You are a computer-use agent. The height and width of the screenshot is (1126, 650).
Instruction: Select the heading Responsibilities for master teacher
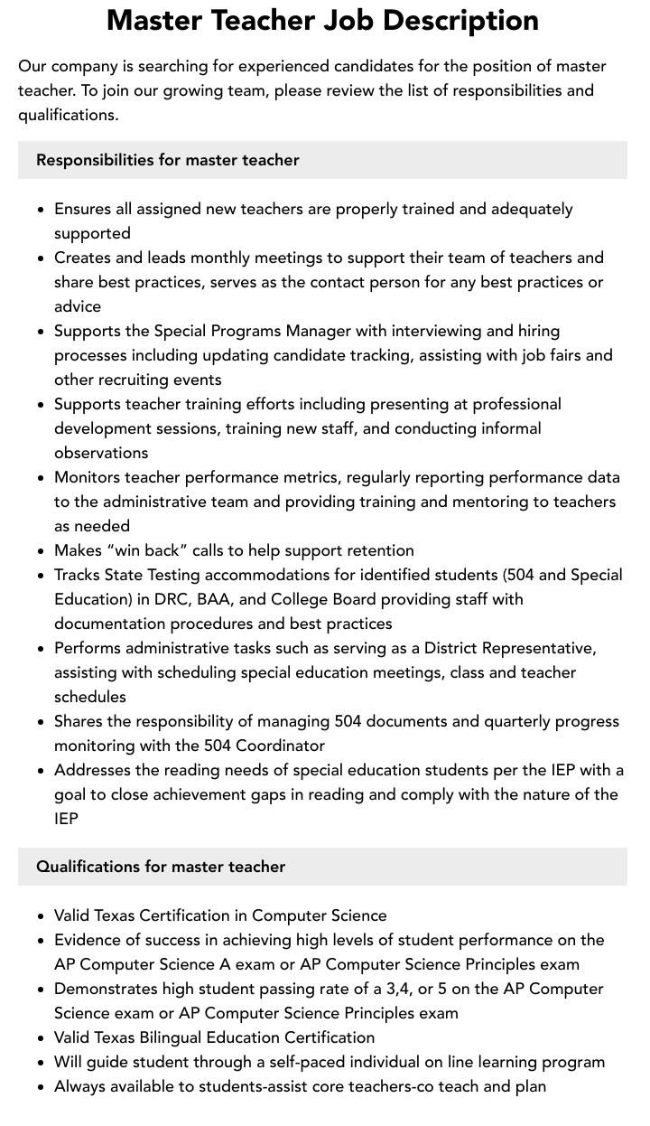[167, 160]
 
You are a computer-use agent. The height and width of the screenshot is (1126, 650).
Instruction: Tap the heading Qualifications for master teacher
[161, 867]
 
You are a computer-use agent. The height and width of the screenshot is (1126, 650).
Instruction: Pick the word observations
[101, 453]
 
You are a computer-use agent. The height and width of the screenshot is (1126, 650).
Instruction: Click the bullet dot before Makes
[41, 550]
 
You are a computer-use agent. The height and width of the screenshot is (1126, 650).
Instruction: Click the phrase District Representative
[509, 648]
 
